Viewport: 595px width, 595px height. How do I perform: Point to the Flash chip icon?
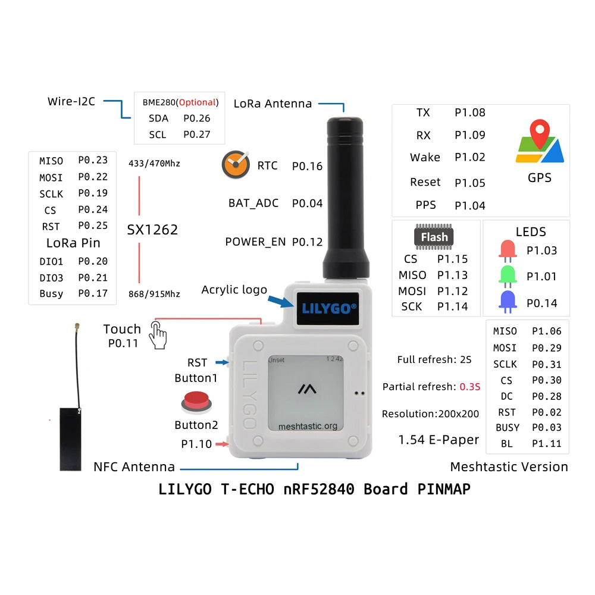pyautogui.click(x=434, y=237)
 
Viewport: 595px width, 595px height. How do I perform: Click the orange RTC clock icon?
pyautogui.click(x=236, y=165)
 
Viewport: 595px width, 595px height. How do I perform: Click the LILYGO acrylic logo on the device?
pyautogui.click(x=329, y=308)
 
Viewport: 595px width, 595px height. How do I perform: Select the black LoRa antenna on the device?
pyautogui.click(x=345, y=196)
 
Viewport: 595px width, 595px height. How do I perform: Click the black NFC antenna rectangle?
pyautogui.click(x=70, y=438)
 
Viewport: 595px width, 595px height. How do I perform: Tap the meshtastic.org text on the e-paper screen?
pyautogui.click(x=308, y=426)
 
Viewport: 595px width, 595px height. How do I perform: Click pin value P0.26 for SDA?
pyautogui.click(x=197, y=118)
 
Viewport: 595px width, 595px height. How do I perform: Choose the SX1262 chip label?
pyautogui.click(x=152, y=230)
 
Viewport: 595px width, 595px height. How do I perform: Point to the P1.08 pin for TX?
pyautogui.click(x=470, y=112)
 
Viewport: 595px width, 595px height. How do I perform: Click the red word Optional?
pyautogui.click(x=197, y=102)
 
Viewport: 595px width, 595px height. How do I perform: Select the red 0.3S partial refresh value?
pyautogui.click(x=469, y=387)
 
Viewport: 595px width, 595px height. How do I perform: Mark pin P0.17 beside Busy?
pyautogui.click(x=93, y=293)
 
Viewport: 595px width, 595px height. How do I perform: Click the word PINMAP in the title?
pyautogui.click(x=441, y=489)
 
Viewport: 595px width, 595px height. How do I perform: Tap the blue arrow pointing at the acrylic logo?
pyautogui.click(x=281, y=300)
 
